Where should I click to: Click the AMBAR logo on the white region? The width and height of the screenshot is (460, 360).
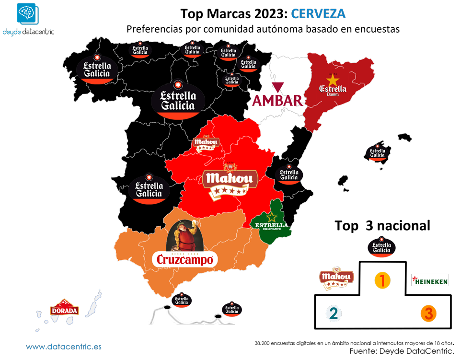[x=278, y=100]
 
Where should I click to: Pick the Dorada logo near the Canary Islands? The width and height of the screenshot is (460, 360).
[x=64, y=309]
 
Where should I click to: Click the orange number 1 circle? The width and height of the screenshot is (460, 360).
[x=382, y=280]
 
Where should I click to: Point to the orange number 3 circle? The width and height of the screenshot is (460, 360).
[x=428, y=314]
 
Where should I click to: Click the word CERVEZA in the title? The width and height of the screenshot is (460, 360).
[x=318, y=14]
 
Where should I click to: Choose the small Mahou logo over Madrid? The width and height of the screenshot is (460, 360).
[x=206, y=143]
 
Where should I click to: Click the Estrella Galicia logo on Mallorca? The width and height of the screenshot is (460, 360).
[x=378, y=152]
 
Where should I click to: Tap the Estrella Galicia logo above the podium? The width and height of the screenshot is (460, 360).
[x=382, y=247]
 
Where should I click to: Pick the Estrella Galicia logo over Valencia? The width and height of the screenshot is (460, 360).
[x=289, y=174]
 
